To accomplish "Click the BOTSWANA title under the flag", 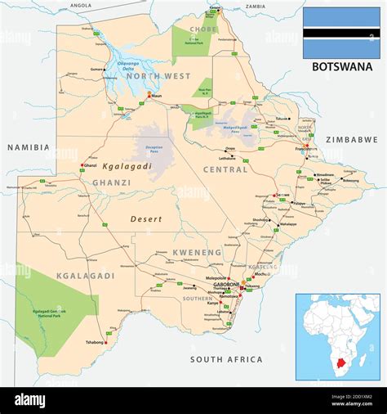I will pyautogui.click(x=342, y=66).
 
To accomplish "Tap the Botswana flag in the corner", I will pyautogui.click(x=341, y=33).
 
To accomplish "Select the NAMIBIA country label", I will pyautogui.click(x=28, y=147).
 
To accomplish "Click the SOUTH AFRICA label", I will pyautogui.click(x=226, y=359).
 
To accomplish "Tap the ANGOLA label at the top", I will pyautogui.click(x=81, y=5).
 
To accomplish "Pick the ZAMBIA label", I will pyautogui.click(x=256, y=6).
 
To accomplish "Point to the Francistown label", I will pyautogui.click(x=306, y=151).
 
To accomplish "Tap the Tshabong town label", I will pyautogui.click(x=94, y=342).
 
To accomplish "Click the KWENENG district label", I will pyautogui.click(x=197, y=253).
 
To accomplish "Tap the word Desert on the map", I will pyautogui.click(x=146, y=219).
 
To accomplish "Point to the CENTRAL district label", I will pyautogui.click(x=225, y=169).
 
